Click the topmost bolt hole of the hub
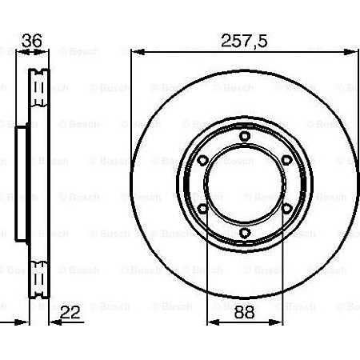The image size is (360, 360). [245, 145]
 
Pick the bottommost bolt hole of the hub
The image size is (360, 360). [245, 234]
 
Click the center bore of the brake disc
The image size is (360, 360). [245, 190]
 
